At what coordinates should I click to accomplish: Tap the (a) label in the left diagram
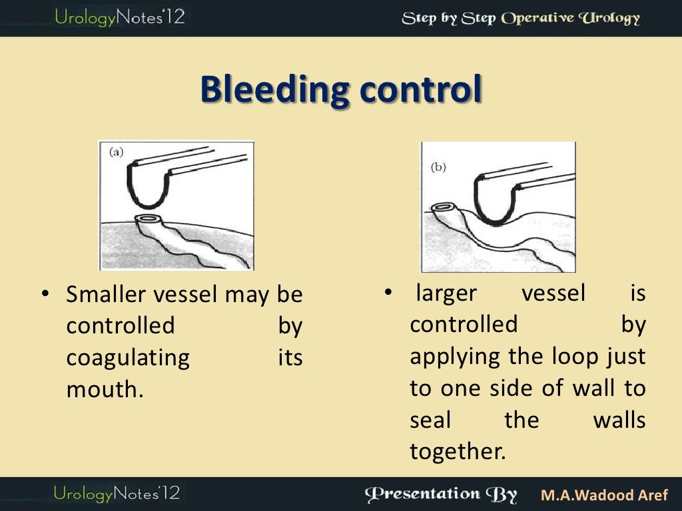click(x=117, y=152)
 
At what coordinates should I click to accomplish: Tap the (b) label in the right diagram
click(x=438, y=168)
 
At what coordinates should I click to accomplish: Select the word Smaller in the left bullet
click(x=108, y=294)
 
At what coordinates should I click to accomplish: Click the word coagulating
click(x=128, y=358)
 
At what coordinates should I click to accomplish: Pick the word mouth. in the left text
click(x=105, y=390)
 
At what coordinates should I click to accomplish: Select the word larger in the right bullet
click(x=444, y=293)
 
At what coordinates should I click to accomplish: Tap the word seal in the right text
click(x=430, y=421)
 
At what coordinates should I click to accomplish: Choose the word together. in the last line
click(x=458, y=452)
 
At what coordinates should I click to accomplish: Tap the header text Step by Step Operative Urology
click(x=520, y=18)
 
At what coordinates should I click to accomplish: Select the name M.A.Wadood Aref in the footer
click(x=605, y=496)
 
